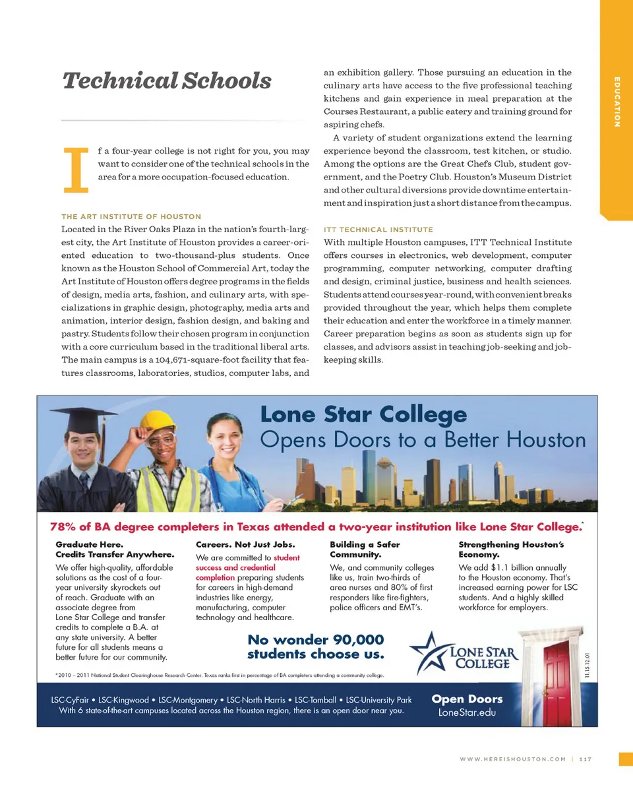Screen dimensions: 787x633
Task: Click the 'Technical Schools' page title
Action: [x=166, y=81]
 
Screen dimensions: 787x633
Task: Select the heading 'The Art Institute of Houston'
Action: [x=131, y=216]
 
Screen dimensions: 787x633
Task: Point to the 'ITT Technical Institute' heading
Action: [x=378, y=230]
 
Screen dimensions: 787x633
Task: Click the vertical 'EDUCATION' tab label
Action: [x=617, y=102]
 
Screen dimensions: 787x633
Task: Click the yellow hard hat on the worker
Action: [x=158, y=420]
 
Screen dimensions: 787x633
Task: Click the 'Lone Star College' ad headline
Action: [x=363, y=416]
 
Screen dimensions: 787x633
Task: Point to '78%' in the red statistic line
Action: [x=63, y=527]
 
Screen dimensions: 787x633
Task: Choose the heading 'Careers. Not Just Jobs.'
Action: [x=245, y=545]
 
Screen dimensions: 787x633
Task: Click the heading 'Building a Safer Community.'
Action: [x=365, y=550]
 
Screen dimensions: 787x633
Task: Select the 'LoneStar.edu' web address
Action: [x=466, y=713]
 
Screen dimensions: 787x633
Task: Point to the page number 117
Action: [x=586, y=759]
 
